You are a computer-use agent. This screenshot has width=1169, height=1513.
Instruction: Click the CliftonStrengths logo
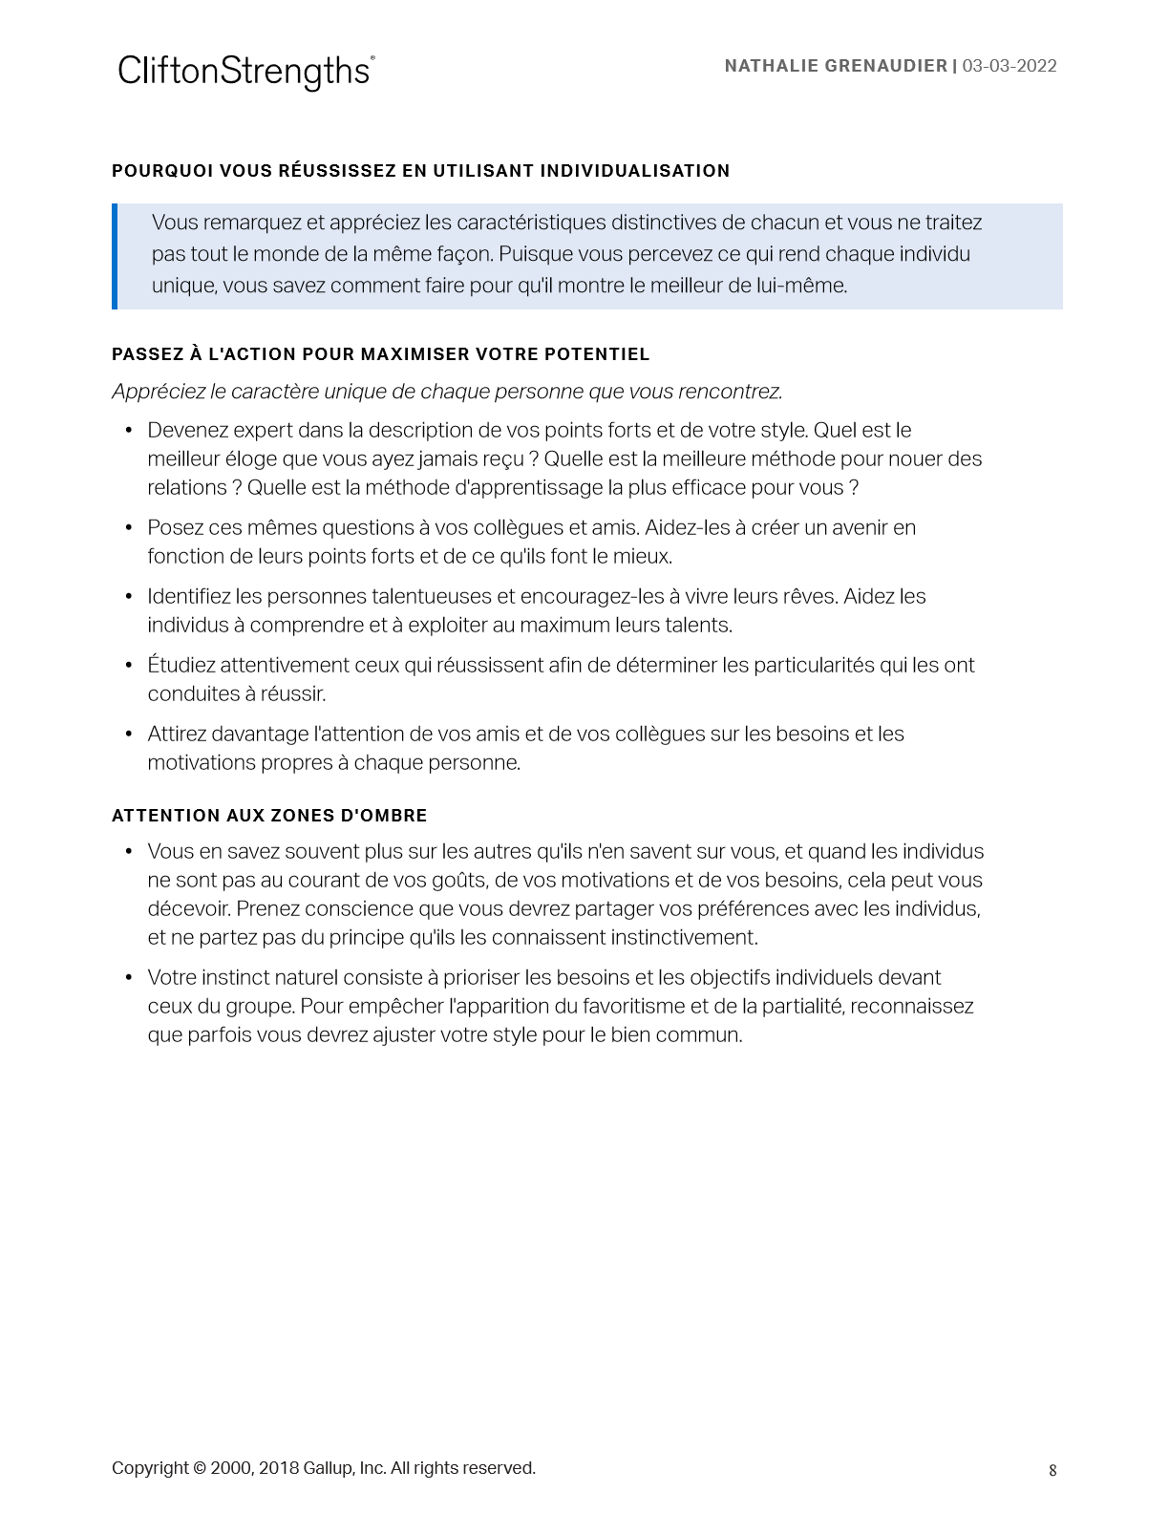(x=245, y=72)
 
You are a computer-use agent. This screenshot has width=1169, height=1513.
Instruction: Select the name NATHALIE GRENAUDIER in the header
(x=836, y=66)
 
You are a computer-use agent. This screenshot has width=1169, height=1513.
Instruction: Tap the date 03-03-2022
(x=1010, y=66)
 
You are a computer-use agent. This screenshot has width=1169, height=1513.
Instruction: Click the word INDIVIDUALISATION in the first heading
(x=635, y=171)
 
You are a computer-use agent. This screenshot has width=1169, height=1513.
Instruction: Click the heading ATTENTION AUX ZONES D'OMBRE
(x=269, y=816)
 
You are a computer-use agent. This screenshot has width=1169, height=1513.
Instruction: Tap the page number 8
(x=1052, y=1470)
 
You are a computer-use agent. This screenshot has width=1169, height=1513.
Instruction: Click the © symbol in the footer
(x=200, y=1468)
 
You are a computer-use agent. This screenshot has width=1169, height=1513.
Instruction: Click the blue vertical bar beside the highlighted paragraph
(x=115, y=256)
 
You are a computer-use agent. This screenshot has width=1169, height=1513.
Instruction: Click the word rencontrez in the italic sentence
(x=734, y=392)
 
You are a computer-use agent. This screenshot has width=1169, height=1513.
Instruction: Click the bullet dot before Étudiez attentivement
(x=129, y=666)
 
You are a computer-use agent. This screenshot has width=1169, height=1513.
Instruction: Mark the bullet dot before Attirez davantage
(x=129, y=735)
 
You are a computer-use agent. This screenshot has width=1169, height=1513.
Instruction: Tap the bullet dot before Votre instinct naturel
(x=129, y=978)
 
